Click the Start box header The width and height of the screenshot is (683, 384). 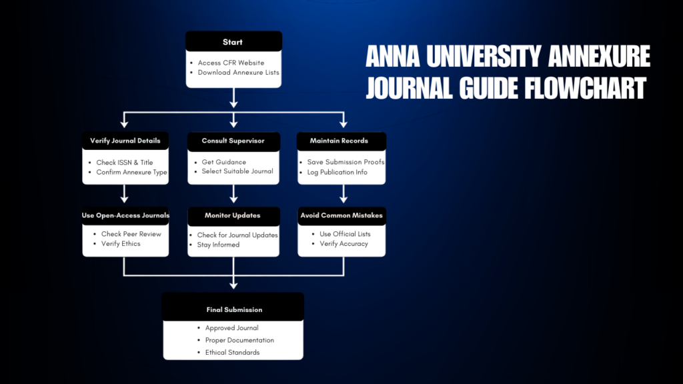pyautogui.click(x=233, y=42)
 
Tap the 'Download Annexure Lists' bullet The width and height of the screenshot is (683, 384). pyautogui.click(x=238, y=72)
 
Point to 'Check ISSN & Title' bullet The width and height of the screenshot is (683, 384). pyautogui.click(x=124, y=162)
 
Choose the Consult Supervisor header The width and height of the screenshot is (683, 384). pyautogui.click(x=233, y=141)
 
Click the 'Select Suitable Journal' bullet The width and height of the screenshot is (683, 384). pyautogui.click(x=237, y=172)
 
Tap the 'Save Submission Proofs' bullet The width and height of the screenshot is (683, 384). pyautogui.click(x=346, y=162)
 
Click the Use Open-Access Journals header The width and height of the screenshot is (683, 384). pyautogui.click(x=125, y=215)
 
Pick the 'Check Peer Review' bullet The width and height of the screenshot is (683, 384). pyautogui.click(x=131, y=234)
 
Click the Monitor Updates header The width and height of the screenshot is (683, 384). pyautogui.click(x=233, y=215)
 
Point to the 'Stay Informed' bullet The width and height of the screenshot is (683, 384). pyautogui.click(x=218, y=245)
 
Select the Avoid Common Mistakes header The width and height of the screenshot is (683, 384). pyautogui.click(x=341, y=215)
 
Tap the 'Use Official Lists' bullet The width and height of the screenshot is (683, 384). pyautogui.click(x=345, y=234)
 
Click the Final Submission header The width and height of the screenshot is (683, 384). pyautogui.click(x=233, y=309)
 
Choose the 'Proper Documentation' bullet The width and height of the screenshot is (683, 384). pyautogui.click(x=239, y=340)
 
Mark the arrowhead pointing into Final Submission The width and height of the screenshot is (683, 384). pyautogui.click(x=233, y=285)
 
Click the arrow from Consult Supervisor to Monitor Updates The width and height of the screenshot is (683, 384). pyautogui.click(x=233, y=193)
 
